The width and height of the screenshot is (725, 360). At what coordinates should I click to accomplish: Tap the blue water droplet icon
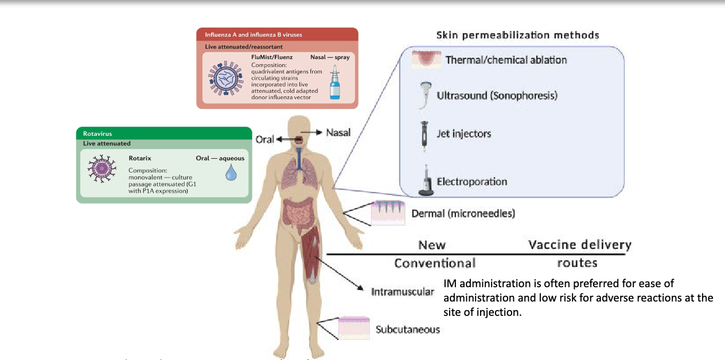tap(231, 173)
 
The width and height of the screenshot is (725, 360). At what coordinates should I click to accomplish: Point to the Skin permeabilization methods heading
tap(517, 35)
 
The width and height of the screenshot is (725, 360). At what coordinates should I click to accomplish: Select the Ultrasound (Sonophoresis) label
tap(497, 96)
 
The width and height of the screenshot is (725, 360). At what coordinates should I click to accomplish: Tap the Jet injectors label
tap(464, 134)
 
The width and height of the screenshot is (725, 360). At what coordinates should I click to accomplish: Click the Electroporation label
tap(472, 182)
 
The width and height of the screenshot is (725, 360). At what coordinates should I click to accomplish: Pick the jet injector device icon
tap(423, 134)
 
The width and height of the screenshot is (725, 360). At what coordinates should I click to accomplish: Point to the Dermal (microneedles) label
tap(463, 213)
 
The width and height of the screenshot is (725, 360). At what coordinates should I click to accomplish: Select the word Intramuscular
tap(402, 292)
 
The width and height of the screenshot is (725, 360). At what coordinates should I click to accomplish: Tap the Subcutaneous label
tap(408, 329)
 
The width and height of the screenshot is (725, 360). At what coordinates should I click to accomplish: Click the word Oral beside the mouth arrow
tap(264, 139)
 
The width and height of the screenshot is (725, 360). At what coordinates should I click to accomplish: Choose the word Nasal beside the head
tap(338, 132)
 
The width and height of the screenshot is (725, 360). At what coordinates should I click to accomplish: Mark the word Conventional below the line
tap(435, 263)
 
